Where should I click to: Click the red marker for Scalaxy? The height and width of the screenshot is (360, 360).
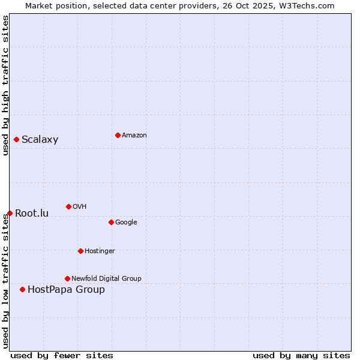[16, 140]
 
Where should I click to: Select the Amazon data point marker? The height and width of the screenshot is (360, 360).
[118, 135]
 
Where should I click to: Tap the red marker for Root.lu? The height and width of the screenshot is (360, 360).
[10, 213]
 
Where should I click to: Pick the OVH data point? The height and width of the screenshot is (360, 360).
[68, 206]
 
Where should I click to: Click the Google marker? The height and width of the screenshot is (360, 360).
[111, 222]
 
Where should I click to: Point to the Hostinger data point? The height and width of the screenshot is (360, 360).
[80, 251]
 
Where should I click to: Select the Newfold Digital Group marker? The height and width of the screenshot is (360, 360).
[67, 278]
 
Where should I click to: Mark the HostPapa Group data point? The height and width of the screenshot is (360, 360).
[22, 289]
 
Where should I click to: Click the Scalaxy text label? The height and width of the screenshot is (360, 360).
[40, 140]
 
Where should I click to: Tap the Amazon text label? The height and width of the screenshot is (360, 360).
[134, 135]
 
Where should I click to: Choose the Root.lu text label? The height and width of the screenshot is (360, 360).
[32, 213]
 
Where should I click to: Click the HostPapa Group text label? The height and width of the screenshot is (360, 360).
[66, 290]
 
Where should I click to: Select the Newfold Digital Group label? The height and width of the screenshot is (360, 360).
[106, 278]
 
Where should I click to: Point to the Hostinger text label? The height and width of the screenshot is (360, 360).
[100, 251]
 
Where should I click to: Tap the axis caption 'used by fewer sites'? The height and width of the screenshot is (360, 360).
[62, 355]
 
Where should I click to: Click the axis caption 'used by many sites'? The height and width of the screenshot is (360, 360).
[301, 355]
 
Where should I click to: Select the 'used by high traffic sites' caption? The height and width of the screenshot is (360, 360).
[5, 85]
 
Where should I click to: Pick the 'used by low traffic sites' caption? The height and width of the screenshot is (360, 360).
[5, 281]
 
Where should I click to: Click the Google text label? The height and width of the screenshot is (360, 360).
[126, 222]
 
